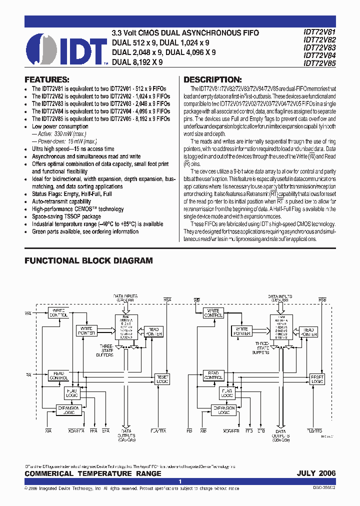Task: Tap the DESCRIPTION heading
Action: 212,79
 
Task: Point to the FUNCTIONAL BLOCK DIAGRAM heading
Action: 88,260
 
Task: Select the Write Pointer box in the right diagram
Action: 242,330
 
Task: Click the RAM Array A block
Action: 125,327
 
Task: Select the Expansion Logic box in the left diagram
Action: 69,410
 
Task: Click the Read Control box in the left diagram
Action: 58,375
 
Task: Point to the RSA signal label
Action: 167,299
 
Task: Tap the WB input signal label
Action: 197,299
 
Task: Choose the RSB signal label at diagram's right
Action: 323,299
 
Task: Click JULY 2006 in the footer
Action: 316,473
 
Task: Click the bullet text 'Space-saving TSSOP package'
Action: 66,216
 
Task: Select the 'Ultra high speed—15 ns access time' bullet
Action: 73,149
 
